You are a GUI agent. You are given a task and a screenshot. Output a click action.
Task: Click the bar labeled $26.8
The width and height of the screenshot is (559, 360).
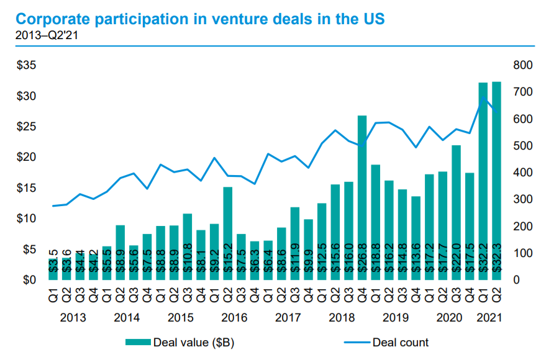click(x=362, y=199)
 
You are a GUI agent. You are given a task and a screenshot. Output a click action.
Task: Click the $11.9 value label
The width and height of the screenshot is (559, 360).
click(x=294, y=258)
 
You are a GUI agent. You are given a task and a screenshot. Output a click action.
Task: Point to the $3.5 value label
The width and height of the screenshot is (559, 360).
click(x=53, y=267)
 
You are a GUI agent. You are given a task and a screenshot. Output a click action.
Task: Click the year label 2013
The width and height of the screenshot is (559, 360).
click(x=73, y=318)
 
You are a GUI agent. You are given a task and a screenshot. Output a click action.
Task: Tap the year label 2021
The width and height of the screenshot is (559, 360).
click(x=489, y=318)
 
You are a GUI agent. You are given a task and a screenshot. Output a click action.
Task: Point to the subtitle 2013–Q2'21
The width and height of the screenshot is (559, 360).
click(x=45, y=35)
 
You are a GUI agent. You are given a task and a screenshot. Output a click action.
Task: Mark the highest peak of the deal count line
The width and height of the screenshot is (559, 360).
click(x=483, y=97)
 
